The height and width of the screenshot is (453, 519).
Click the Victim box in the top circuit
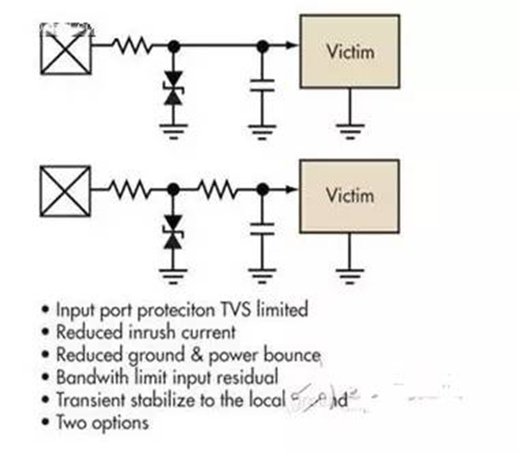pos(349,52)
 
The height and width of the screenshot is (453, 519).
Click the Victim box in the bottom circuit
pos(349,195)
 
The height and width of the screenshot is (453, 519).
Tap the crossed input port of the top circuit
pos(67,45)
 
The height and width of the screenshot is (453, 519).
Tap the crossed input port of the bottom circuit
pos(67,187)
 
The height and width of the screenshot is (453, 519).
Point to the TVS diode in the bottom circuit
pos(173,235)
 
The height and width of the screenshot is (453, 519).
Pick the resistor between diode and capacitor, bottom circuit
pos(215,187)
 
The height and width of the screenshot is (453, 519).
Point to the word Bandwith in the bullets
pos(89,378)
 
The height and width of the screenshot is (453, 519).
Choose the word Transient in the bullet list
pos(89,400)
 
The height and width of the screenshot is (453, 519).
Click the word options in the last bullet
pos(121,423)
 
